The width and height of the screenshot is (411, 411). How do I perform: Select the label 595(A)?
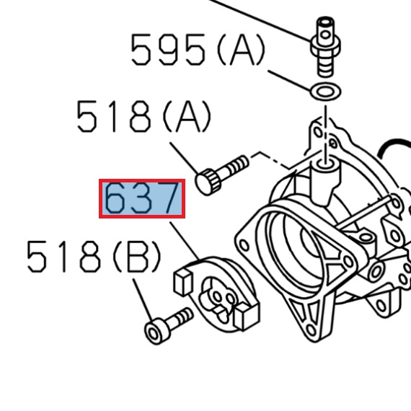[x=197, y=50]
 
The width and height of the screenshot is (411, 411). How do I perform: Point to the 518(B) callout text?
[x=93, y=256]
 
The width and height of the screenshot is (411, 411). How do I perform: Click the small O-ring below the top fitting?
[x=324, y=92]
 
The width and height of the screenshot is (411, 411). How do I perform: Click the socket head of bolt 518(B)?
[x=155, y=331]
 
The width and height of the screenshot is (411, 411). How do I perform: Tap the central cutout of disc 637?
[x=218, y=298]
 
